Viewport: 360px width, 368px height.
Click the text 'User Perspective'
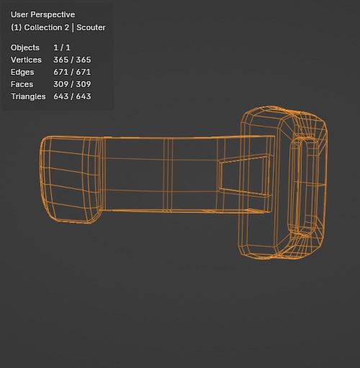42,14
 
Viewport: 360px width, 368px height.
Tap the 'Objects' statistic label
25,47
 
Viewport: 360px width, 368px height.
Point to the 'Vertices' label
26,60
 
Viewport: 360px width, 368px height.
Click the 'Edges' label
22,72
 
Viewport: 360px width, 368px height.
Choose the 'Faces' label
22,84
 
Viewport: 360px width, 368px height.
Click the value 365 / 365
72,60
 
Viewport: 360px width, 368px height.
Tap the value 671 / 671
72,72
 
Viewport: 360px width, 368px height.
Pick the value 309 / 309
72,84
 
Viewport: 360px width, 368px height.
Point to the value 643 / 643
72,96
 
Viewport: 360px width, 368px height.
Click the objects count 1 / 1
61,47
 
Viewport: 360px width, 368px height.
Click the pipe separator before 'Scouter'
73,27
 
